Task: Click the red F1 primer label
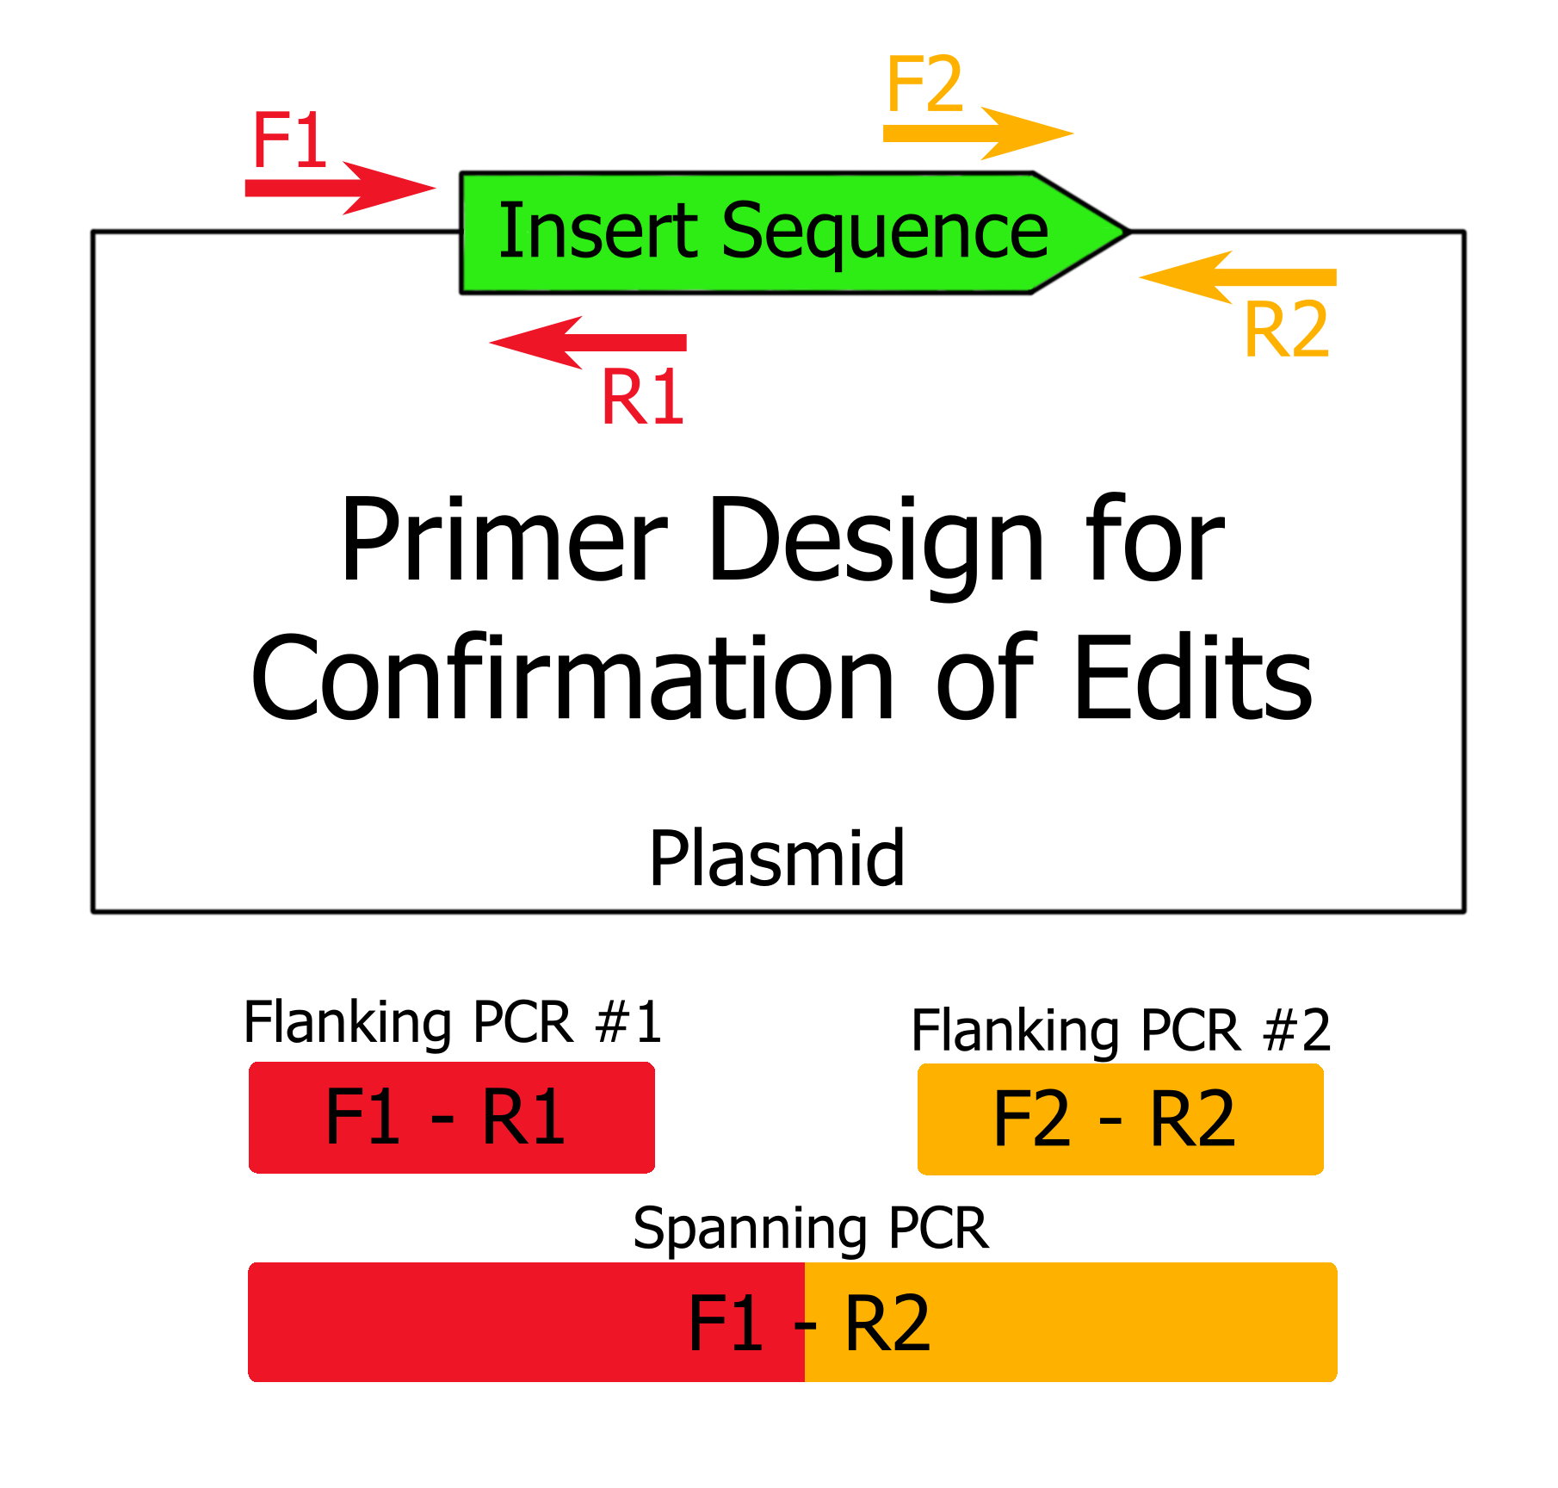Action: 289,142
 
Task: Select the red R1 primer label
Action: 642,397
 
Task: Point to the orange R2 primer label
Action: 1287,330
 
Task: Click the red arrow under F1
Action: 340,188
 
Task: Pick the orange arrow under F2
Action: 977,133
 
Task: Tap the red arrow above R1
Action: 589,342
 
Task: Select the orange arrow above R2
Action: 1238,277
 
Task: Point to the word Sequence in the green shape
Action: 885,231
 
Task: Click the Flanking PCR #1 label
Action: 453,1022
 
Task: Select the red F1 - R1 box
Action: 452,1118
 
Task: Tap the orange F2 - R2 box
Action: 1120,1119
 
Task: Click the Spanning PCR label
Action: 810,1228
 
